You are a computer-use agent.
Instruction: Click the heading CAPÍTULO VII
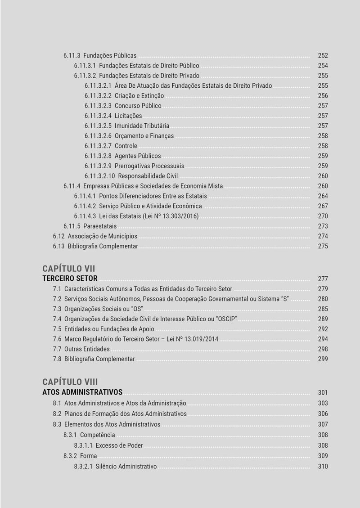point(69,269)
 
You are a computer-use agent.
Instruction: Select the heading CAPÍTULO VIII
point(70,382)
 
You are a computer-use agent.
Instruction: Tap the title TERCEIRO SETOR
point(70,279)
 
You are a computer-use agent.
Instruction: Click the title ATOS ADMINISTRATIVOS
point(82,392)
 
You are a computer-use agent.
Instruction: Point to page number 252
point(323,56)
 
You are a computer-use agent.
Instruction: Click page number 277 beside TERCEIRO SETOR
point(323,279)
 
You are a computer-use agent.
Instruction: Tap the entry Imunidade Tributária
point(142,126)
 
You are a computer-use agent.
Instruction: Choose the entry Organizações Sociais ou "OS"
point(104,309)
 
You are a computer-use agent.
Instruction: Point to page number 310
point(323,467)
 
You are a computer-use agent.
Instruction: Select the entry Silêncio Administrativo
point(126,467)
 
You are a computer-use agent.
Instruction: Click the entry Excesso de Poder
point(119,445)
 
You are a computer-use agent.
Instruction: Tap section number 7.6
point(57,339)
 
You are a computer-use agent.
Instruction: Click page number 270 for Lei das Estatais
point(323,216)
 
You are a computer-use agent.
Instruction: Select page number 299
point(323,359)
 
